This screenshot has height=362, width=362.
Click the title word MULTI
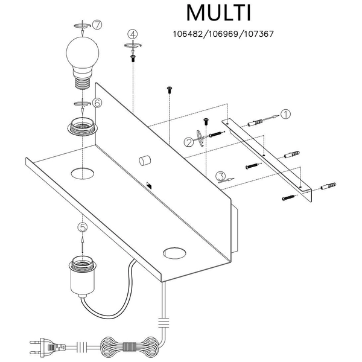[x=218, y=13]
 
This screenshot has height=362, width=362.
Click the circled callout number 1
[x=286, y=113]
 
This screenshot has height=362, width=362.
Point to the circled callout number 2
[x=189, y=142]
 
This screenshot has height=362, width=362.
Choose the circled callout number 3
[x=220, y=176]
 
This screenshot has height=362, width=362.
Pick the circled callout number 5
[x=83, y=227]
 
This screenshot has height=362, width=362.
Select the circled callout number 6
[x=97, y=103]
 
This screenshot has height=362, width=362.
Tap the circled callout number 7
[x=97, y=25]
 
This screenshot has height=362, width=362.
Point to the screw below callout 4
[x=132, y=57]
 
